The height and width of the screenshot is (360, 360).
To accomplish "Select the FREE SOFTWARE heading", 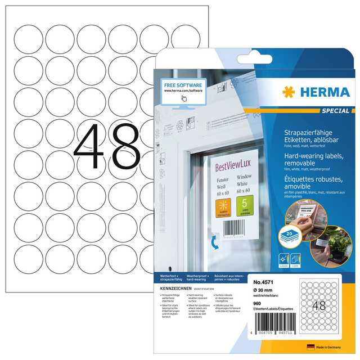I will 182,84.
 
